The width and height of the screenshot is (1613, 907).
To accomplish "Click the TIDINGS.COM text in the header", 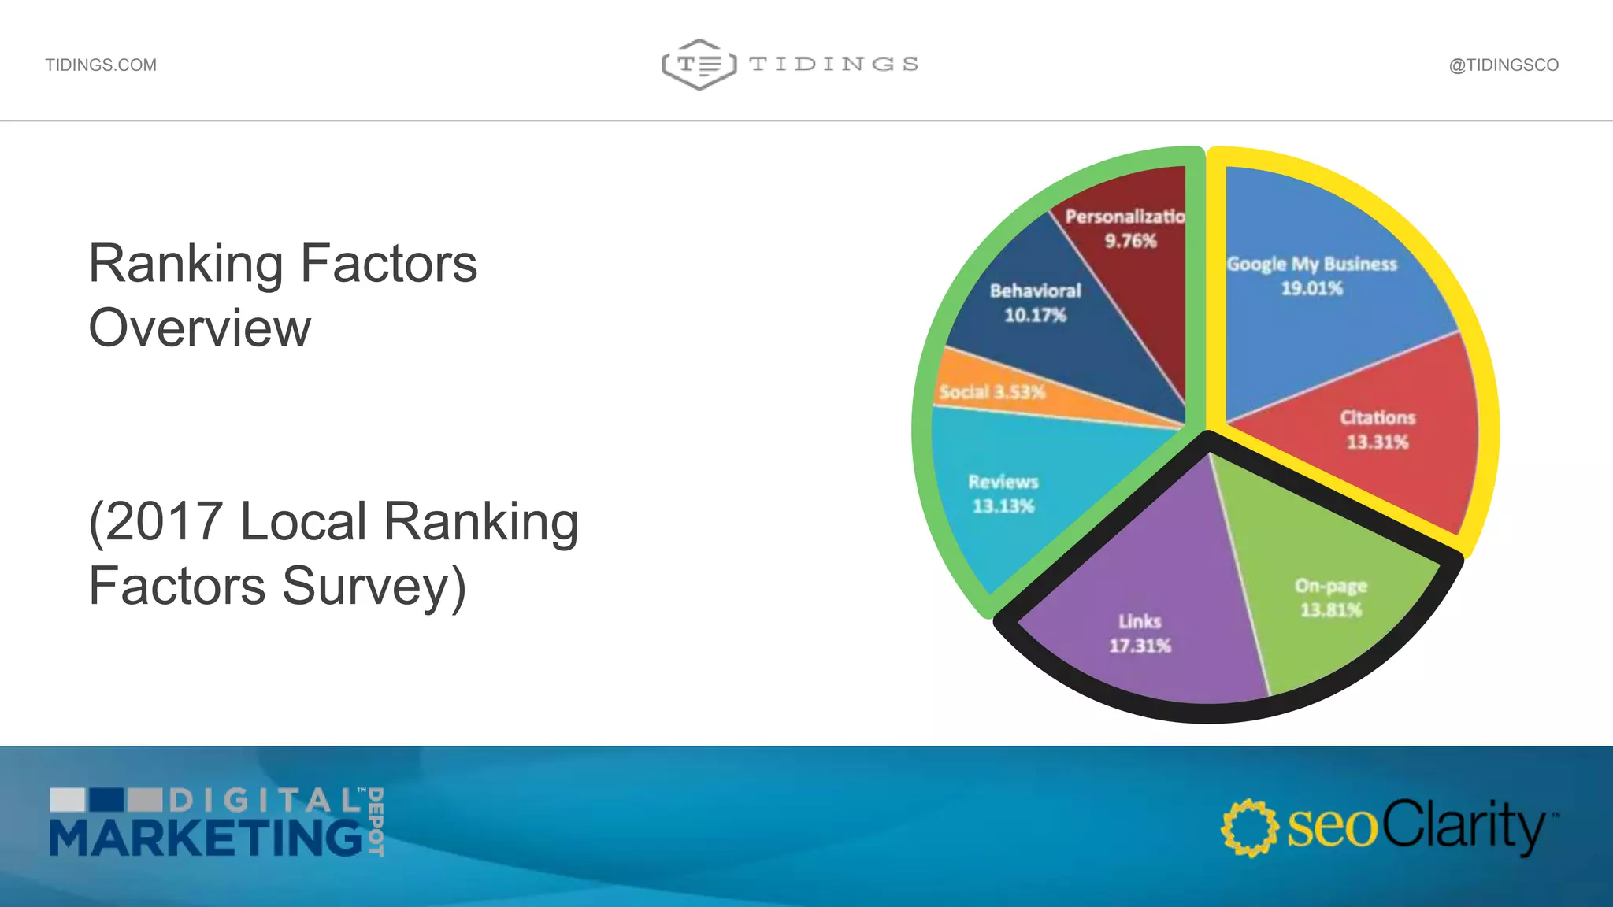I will [x=101, y=65].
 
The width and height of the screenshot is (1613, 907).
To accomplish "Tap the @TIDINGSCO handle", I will [x=1504, y=65].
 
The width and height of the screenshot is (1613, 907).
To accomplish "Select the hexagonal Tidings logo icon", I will [x=699, y=64].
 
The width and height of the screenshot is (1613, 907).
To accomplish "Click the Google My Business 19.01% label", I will [x=1311, y=276].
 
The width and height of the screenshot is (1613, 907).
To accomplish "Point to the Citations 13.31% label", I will [x=1378, y=429].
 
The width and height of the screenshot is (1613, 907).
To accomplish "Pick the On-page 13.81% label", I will [x=1331, y=598].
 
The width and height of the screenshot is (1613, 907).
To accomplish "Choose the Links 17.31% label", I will [x=1140, y=633].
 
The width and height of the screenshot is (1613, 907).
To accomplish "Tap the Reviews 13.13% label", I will [x=1003, y=494].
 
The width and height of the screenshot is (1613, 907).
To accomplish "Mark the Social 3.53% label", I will [x=992, y=391].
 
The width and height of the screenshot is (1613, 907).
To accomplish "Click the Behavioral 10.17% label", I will [x=1035, y=302].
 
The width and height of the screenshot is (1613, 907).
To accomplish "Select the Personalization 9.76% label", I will [x=1126, y=228].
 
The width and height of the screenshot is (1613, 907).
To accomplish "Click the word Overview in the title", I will [x=200, y=328].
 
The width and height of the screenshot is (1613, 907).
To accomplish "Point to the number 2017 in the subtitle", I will [x=164, y=521].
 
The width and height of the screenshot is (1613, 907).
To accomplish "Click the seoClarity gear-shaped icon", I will [x=1249, y=827].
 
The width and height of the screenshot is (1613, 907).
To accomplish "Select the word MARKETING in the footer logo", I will [x=206, y=837].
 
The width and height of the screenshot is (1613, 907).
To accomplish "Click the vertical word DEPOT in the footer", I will [x=376, y=821].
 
